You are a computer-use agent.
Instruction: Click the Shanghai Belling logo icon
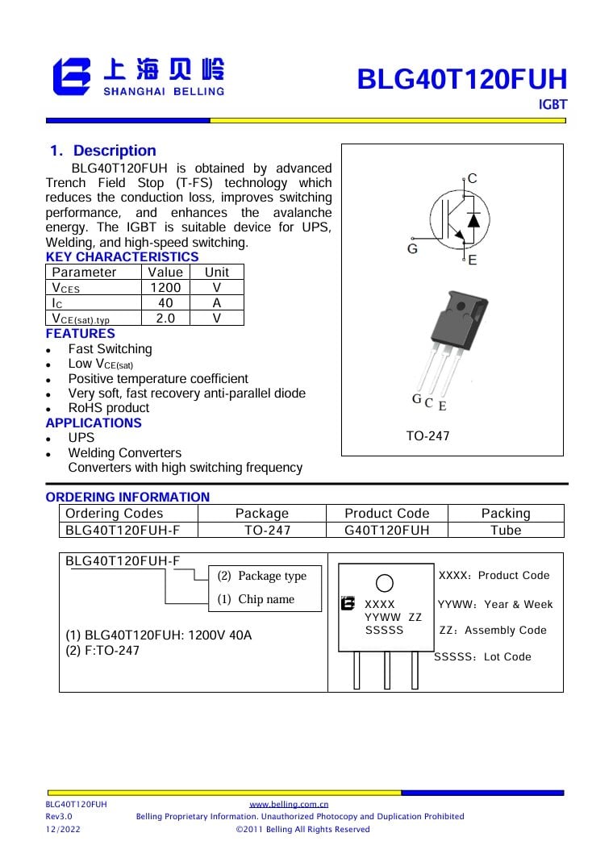72,77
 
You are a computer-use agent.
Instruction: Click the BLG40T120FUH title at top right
462,80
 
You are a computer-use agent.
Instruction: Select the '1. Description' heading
102,151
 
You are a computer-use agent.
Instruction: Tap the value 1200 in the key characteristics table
165,287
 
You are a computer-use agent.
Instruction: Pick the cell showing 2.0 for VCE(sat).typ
165,318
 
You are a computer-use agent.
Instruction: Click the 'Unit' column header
216,272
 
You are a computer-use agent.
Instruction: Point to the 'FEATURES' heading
81,333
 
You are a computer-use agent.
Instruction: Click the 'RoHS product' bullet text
109,408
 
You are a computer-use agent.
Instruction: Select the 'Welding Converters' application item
125,453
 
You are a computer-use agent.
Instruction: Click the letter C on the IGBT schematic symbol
473,178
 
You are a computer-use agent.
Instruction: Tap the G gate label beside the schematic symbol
412,249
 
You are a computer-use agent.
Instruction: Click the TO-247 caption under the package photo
427,436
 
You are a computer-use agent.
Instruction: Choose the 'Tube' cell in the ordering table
506,530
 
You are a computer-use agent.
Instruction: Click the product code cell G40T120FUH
386,530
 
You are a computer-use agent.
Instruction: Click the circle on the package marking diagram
385,583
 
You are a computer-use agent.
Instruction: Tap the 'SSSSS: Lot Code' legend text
483,657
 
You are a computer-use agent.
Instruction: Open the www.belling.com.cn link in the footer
289,804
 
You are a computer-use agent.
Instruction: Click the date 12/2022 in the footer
63,829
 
